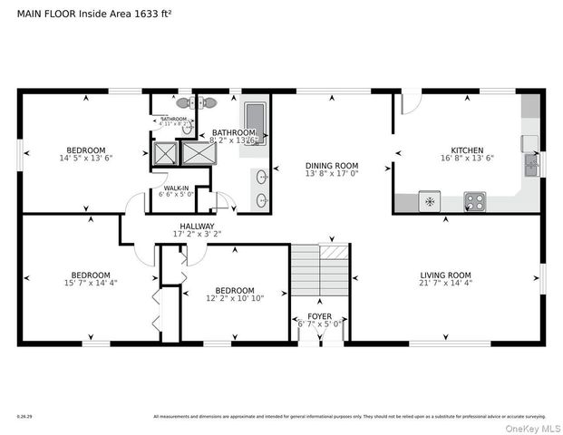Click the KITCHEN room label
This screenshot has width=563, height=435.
pyautogui.click(x=467, y=150)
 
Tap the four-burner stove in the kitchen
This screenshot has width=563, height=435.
pyautogui.click(x=474, y=200)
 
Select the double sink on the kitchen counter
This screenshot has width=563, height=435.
pyautogui.click(x=531, y=164)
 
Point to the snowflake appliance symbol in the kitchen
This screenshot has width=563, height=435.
pyautogui.click(x=429, y=201)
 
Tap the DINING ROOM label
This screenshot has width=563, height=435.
pyautogui.click(x=332, y=166)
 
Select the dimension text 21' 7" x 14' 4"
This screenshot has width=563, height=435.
pyautogui.click(x=445, y=285)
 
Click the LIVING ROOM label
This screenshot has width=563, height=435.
pyautogui.click(x=445, y=275)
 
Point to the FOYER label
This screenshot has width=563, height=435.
pyautogui.click(x=319, y=315)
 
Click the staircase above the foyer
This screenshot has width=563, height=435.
pyautogui.click(x=318, y=271)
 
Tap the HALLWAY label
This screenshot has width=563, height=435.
pyautogui.click(x=197, y=226)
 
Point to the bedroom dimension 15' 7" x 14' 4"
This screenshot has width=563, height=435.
pyautogui.click(x=91, y=285)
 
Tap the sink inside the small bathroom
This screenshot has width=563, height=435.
pyautogui.click(x=188, y=129)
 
